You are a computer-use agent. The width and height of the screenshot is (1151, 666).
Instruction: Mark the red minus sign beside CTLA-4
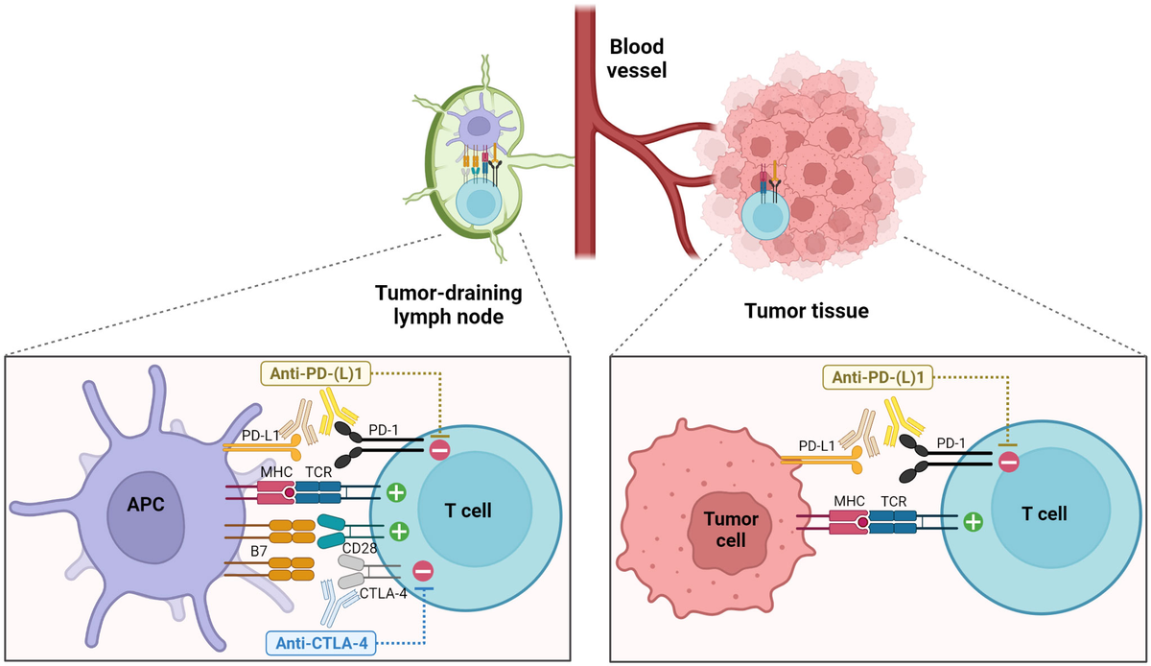click(421, 571)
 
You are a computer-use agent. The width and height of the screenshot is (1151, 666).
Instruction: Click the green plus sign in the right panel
click(973, 522)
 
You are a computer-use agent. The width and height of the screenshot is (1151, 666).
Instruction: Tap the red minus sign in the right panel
click(1007, 462)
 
